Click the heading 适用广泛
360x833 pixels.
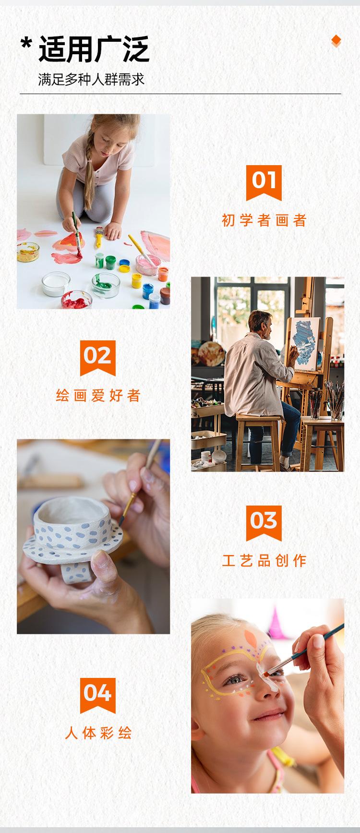pyautogui.click(x=94, y=49)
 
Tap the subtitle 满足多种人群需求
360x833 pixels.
pyautogui.click(x=91, y=79)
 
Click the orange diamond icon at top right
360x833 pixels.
pyautogui.click(x=336, y=41)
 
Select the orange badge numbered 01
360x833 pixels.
pyautogui.click(x=264, y=181)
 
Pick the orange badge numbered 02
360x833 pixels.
pyautogui.click(x=98, y=357)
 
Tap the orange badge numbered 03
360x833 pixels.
pyautogui.click(x=264, y=522)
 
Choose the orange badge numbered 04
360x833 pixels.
pyautogui.click(x=98, y=694)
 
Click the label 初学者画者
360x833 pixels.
pyautogui.click(x=264, y=220)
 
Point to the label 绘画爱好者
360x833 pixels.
pyautogui.click(x=98, y=396)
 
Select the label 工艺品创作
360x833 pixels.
pyautogui.click(x=264, y=560)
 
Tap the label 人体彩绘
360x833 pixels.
pyautogui.click(x=98, y=733)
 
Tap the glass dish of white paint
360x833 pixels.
pyautogui.click(x=56, y=283)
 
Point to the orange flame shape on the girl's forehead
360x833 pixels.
pyautogui.click(x=251, y=640)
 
